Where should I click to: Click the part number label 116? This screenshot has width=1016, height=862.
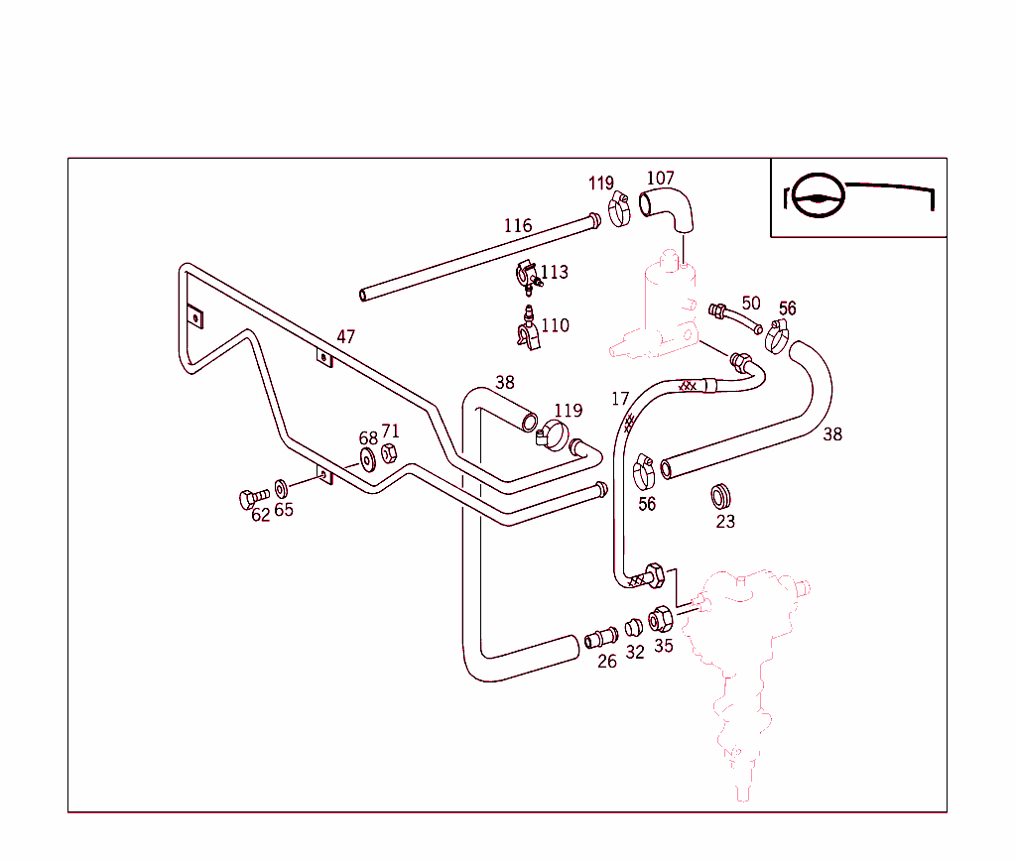tap(518, 226)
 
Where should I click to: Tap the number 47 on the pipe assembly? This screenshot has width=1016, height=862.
tap(345, 337)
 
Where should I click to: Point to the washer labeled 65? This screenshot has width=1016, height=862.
tap(282, 487)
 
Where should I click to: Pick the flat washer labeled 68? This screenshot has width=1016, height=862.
tap(367, 458)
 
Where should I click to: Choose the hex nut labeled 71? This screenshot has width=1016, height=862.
tap(390, 453)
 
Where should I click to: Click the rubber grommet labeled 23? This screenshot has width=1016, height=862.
tap(723, 494)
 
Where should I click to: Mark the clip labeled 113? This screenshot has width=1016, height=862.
tap(527, 275)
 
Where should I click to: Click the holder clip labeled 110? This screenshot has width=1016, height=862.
tap(528, 330)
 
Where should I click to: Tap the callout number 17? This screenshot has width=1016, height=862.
tap(620, 400)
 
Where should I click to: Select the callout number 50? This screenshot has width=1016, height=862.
tap(751, 304)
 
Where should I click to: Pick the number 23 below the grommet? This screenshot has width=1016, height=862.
tap(725, 521)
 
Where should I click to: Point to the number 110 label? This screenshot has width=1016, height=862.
tap(556, 325)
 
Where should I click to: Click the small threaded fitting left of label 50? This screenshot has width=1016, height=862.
tap(715, 311)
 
